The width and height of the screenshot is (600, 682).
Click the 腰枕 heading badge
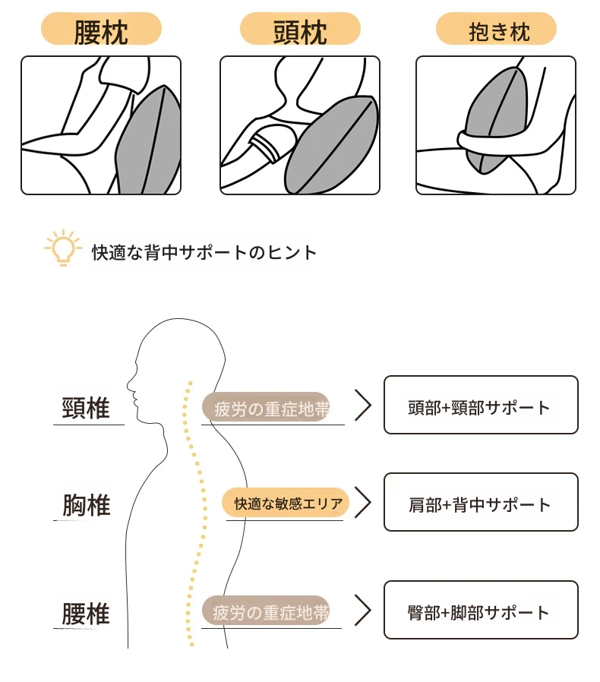click(101, 31)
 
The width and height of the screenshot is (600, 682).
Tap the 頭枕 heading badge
click(300, 31)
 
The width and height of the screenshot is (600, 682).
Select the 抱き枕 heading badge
click(496, 31)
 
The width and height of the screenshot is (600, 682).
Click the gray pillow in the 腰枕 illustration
click(153, 144)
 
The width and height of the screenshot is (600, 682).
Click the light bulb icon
click(63, 248)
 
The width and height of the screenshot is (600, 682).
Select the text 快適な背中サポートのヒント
click(204, 252)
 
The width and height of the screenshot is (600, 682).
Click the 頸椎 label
click(86, 408)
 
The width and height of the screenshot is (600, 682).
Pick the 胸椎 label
click(86, 504)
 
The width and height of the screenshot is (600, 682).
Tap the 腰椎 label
click(86, 614)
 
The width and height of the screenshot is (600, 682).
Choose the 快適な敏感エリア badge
click(286, 503)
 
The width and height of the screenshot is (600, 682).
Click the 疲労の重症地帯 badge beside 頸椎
click(266, 409)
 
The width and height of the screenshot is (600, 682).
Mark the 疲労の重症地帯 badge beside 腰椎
click(266, 611)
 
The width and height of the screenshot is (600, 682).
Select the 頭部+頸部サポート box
click(481, 406)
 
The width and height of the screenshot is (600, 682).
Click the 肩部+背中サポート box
click(481, 503)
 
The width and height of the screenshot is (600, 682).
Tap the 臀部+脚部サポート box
click(481, 611)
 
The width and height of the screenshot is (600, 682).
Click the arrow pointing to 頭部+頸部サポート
click(363, 406)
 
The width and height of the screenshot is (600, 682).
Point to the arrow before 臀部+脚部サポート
click(363, 611)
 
